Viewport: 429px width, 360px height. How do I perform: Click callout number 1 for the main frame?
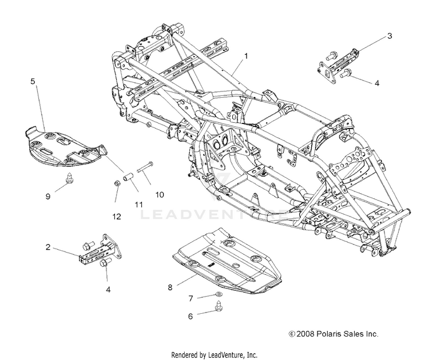point(246,56)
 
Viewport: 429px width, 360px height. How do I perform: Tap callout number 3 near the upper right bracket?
point(390,36)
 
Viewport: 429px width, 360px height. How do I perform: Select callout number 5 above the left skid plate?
point(33,81)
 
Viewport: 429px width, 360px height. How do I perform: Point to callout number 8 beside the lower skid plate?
point(170,287)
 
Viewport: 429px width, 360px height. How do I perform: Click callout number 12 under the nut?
point(117,217)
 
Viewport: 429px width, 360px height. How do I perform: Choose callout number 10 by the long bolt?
point(160,195)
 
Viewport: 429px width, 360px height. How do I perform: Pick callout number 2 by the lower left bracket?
point(48,247)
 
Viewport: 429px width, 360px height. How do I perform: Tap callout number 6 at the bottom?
point(190,316)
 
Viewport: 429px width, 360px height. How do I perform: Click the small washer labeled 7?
point(219,294)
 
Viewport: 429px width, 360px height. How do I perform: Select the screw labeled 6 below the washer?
point(219,306)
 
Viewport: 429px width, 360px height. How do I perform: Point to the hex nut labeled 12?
point(117,183)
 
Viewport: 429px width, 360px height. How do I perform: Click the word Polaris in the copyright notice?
point(327,334)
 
